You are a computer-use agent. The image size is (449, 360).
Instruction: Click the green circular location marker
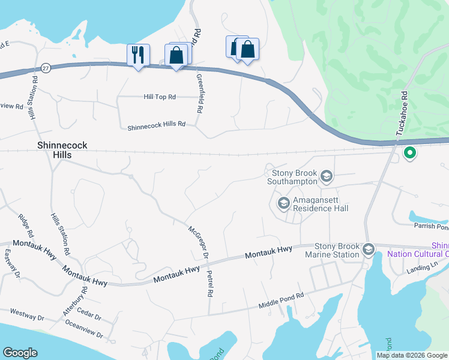click(411, 153)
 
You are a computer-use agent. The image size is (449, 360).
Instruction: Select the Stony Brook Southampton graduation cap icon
click(327, 176)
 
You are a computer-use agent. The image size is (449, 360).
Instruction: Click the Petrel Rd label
click(210, 286)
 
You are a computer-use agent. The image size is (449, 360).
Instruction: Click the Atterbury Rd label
click(75, 301)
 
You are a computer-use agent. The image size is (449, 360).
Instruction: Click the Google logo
click(20, 353)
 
